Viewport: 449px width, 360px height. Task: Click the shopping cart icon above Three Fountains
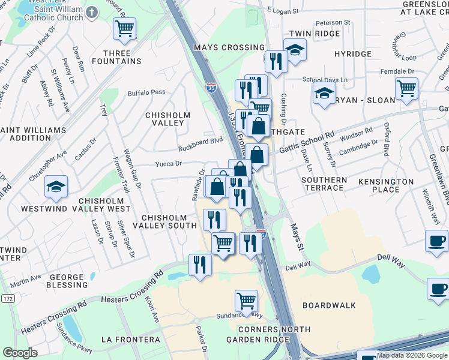pyautogui.click(x=124, y=28)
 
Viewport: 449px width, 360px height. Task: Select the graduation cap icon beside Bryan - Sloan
pyautogui.click(x=324, y=93)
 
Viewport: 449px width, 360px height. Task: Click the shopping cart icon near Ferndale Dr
pyautogui.click(x=407, y=89)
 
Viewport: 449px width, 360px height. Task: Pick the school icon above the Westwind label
pyautogui.click(x=56, y=187)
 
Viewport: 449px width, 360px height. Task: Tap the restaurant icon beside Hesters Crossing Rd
pyautogui.click(x=200, y=265)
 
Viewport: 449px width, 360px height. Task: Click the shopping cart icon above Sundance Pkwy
pyautogui.click(x=246, y=301)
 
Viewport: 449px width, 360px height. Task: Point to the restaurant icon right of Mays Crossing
pyautogui.click(x=276, y=61)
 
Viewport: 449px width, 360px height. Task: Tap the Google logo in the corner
pyautogui.click(x=20, y=353)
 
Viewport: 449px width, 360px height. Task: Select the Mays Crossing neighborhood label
pyautogui.click(x=229, y=47)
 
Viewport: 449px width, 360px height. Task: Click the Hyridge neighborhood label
pyautogui.click(x=353, y=54)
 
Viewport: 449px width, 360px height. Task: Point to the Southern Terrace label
pyautogui.click(x=324, y=184)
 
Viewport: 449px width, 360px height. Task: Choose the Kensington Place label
pyautogui.click(x=387, y=185)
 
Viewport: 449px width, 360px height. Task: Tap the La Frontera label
pyautogui.click(x=130, y=340)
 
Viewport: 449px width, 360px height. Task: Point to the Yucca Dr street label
pyautogui.click(x=169, y=164)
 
